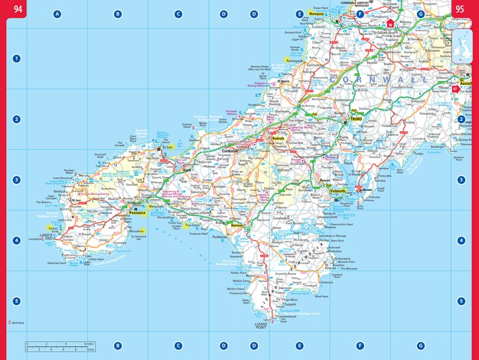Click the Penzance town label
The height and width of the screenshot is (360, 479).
(137, 212)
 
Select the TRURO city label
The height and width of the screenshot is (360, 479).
(356, 119)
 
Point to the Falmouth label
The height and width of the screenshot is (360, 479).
(338, 192)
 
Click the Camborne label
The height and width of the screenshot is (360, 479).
(229, 151)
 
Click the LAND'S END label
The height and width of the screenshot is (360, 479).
(46, 238)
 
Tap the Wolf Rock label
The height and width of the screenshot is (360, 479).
(17, 323)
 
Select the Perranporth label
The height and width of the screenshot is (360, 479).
(294, 60)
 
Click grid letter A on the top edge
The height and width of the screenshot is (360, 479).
(57, 14)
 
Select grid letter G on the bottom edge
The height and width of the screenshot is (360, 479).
(420, 346)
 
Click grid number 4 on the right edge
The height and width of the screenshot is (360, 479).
(461, 241)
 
